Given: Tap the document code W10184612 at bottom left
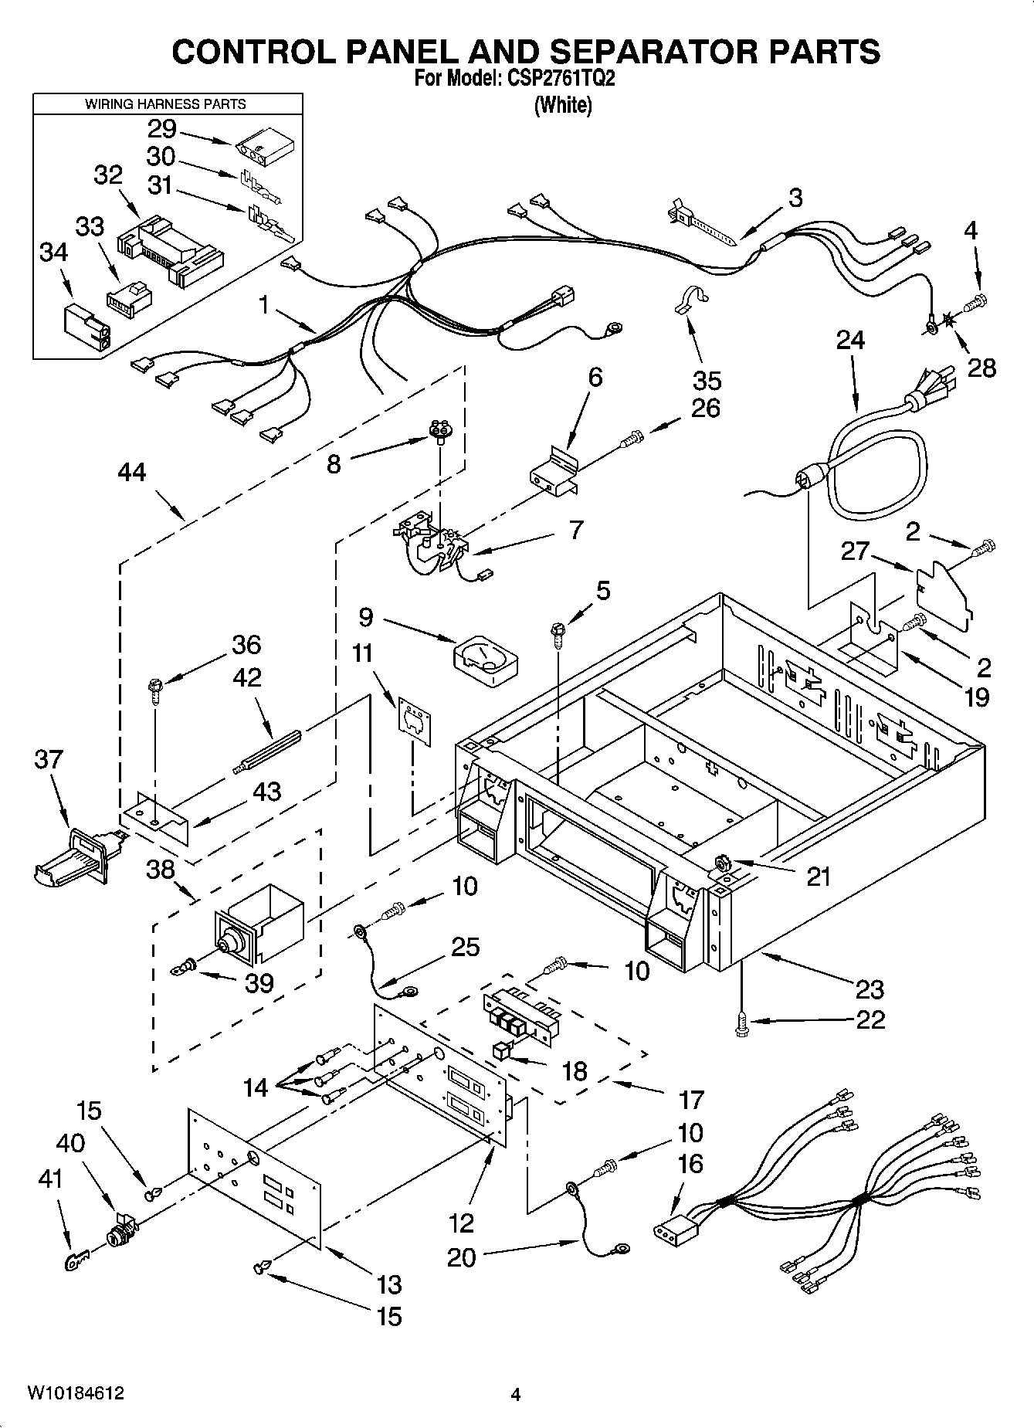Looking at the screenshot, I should coord(76,1393).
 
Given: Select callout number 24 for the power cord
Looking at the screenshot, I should coord(850,341).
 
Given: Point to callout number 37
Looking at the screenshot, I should coord(48,760).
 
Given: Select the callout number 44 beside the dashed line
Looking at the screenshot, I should coord(132,472).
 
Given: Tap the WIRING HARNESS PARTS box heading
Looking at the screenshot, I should coord(165,103).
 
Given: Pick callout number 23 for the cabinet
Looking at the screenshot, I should coord(870,989).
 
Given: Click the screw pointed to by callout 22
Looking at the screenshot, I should coord(741,1024).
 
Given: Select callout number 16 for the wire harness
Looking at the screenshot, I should coord(690,1165).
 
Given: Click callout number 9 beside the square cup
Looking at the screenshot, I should coord(366,617).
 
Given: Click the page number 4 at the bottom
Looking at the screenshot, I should coord(516,1394).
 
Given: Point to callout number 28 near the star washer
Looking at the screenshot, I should coord(981,368).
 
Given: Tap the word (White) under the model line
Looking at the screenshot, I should coord(563,106).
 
